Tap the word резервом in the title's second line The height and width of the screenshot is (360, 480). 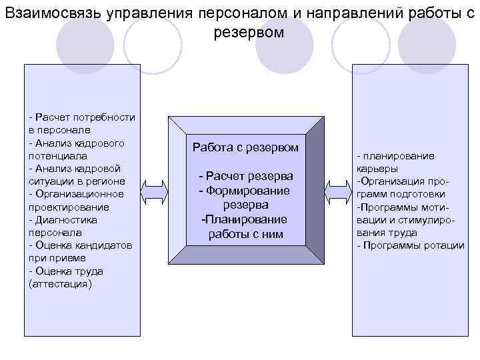click(x=248, y=32)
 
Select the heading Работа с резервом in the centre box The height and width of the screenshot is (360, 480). click(x=245, y=147)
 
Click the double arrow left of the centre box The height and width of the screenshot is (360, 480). click(x=155, y=190)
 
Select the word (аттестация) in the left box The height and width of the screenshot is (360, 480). click(x=61, y=284)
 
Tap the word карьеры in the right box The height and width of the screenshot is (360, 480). click(x=377, y=169)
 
